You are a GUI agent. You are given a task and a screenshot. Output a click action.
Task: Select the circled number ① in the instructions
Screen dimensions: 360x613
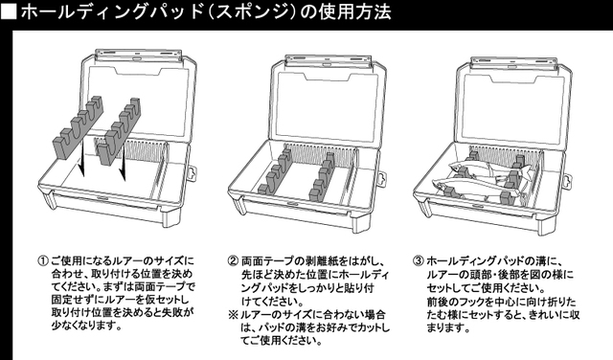coord(42,259)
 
